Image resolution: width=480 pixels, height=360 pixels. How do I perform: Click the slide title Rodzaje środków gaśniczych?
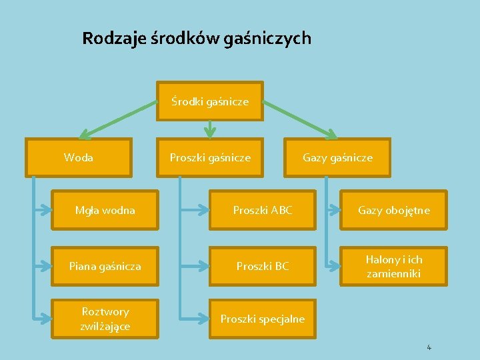tap(196, 38)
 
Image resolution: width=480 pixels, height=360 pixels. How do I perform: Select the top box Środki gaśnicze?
tap(210, 101)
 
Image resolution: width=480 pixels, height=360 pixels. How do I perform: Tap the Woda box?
tap(79, 158)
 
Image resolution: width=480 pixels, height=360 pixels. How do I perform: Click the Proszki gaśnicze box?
tap(210, 158)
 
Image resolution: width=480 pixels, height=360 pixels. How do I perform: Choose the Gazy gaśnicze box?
tap(337, 158)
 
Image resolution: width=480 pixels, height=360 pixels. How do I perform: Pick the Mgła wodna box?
tap(105, 211)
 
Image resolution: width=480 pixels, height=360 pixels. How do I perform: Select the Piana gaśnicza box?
tap(105, 266)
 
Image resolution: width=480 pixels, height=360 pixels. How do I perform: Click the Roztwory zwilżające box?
tap(105, 319)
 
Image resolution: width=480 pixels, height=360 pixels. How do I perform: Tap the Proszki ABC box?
tap(263, 211)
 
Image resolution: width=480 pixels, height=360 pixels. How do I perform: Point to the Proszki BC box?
tap(263, 266)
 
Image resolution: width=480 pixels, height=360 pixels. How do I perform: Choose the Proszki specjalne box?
tap(263, 319)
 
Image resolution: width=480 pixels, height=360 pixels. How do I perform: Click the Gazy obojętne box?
tap(394, 211)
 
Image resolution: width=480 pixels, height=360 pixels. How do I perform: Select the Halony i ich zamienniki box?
tap(394, 266)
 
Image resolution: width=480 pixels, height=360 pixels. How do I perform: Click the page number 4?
tap(429, 347)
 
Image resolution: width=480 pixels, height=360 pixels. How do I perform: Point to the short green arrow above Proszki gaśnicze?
tap(210, 129)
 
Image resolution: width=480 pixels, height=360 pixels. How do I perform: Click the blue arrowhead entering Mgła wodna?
tap(46, 211)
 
